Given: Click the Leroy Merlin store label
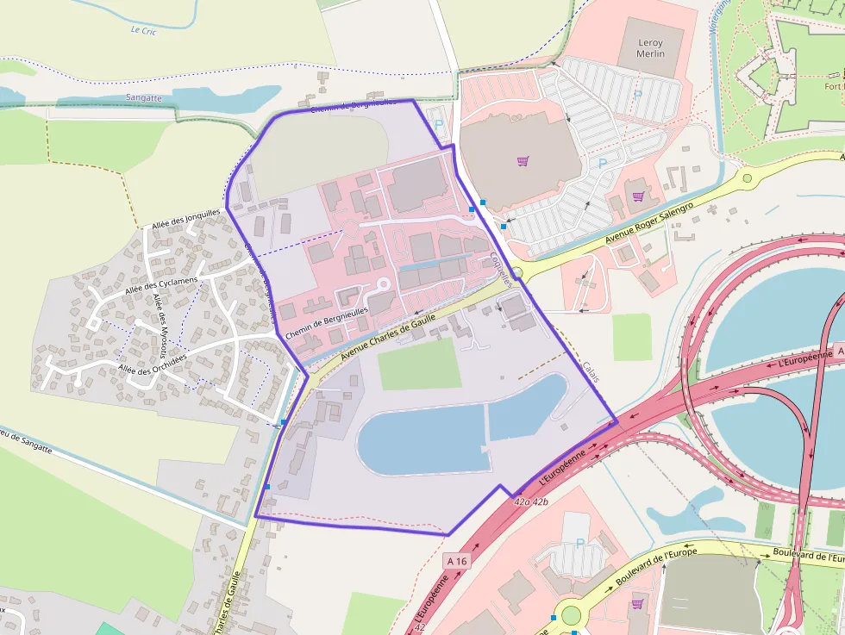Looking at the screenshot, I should coord(650,47).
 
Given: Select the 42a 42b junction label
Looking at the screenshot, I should coord(530,501).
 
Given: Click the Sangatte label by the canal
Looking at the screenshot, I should coord(143,98).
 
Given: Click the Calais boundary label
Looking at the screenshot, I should coord(591,370).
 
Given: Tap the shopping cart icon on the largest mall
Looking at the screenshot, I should coord(523,161).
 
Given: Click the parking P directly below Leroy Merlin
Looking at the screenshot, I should coord(638,95).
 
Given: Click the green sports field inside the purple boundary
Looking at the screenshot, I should coord(419,364).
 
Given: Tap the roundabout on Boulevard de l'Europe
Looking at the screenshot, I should coord(570,615).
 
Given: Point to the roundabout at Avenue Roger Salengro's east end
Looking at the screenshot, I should coord(747,178).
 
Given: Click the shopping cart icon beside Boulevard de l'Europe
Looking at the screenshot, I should coord(637,603).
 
